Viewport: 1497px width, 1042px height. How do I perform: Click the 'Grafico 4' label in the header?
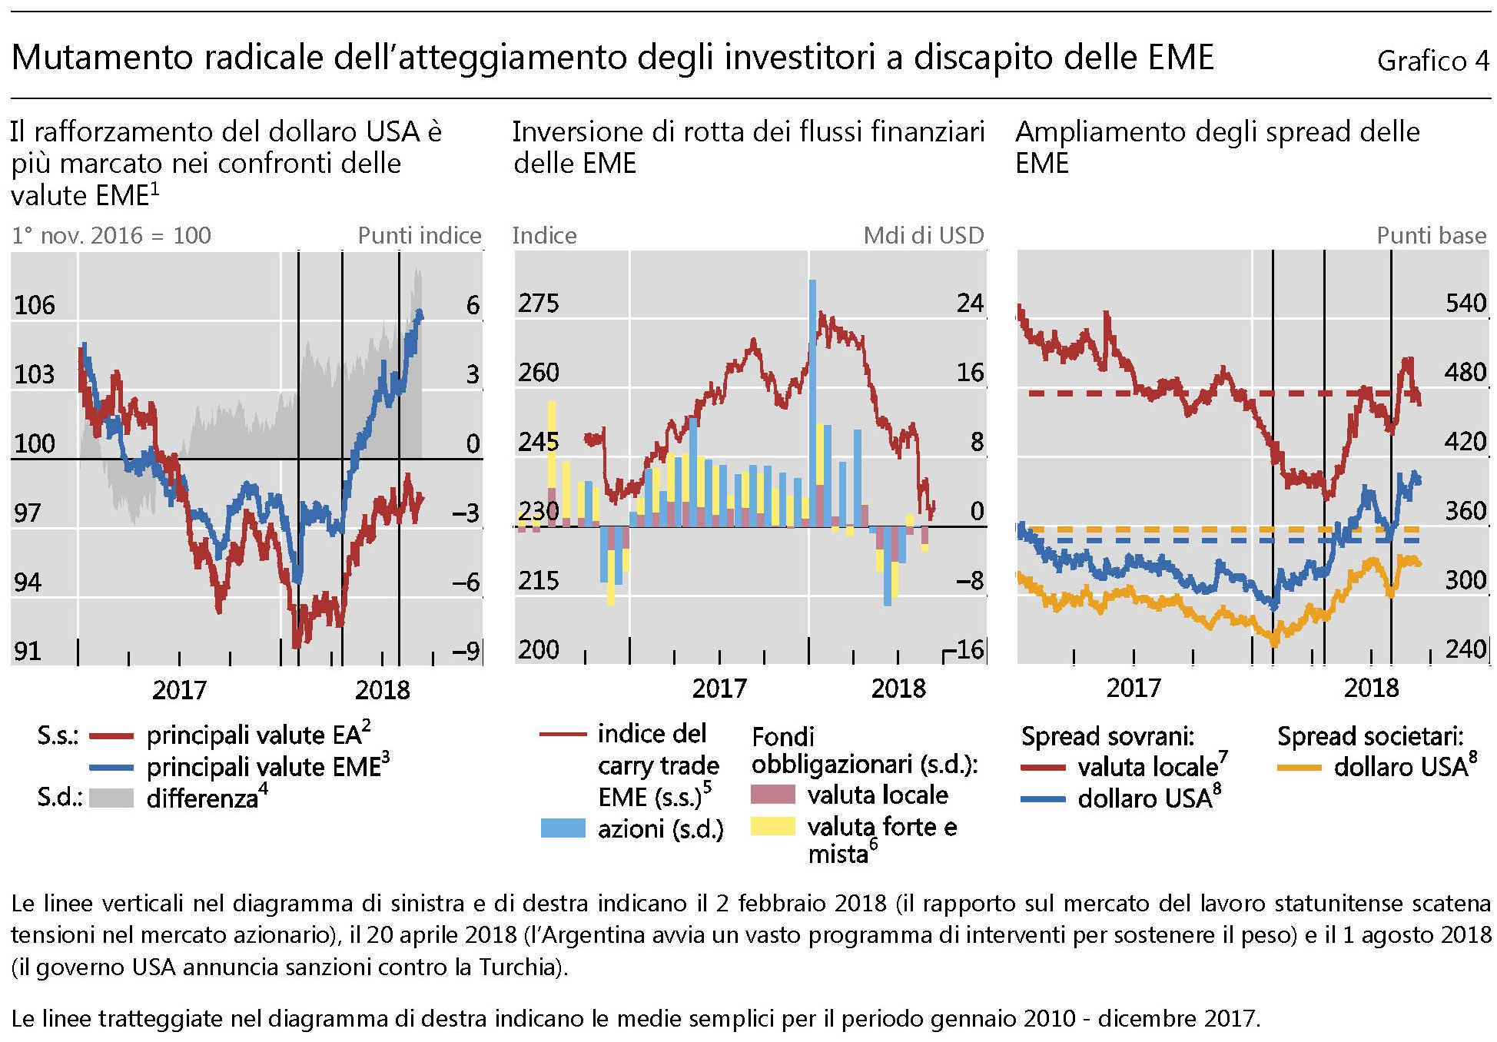click(x=1432, y=61)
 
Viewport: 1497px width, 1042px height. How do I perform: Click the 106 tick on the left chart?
click(x=35, y=305)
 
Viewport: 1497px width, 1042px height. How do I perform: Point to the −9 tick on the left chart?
click(x=466, y=651)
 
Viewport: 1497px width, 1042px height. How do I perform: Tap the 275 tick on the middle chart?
click(x=538, y=304)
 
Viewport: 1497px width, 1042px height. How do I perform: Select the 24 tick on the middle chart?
click(x=970, y=304)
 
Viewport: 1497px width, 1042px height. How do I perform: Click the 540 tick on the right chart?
click(x=1465, y=304)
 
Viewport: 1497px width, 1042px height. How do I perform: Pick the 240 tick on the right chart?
click(x=1465, y=649)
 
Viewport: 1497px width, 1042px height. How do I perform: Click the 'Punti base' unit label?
click(x=1431, y=235)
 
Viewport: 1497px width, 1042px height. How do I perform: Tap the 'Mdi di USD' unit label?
click(x=924, y=235)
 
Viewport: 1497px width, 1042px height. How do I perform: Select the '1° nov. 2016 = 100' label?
click(x=111, y=235)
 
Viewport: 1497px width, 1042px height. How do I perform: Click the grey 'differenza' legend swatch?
click(x=111, y=798)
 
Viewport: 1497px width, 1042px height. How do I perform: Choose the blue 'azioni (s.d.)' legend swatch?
click(x=563, y=828)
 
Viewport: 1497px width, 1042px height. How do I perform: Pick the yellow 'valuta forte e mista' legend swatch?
click(x=772, y=826)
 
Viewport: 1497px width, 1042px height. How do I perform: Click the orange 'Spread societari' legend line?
click(x=1299, y=768)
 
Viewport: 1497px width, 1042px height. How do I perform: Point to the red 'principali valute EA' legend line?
click(x=111, y=735)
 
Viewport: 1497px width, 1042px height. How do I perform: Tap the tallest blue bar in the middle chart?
click(x=812, y=384)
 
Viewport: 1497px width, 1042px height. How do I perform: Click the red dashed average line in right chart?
click(x=1153, y=393)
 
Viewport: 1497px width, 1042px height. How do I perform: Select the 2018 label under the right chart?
click(x=1371, y=688)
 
